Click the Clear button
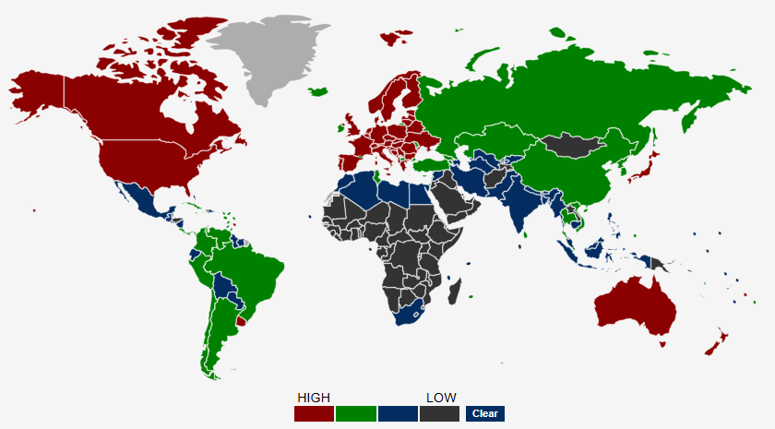[485, 413]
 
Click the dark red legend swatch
[314, 413]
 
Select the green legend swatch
[356, 413]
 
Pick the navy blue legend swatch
[398, 413]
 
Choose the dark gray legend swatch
[439, 413]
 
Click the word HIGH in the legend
[314, 398]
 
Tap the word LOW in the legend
[441, 398]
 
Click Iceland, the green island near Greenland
[319, 91]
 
